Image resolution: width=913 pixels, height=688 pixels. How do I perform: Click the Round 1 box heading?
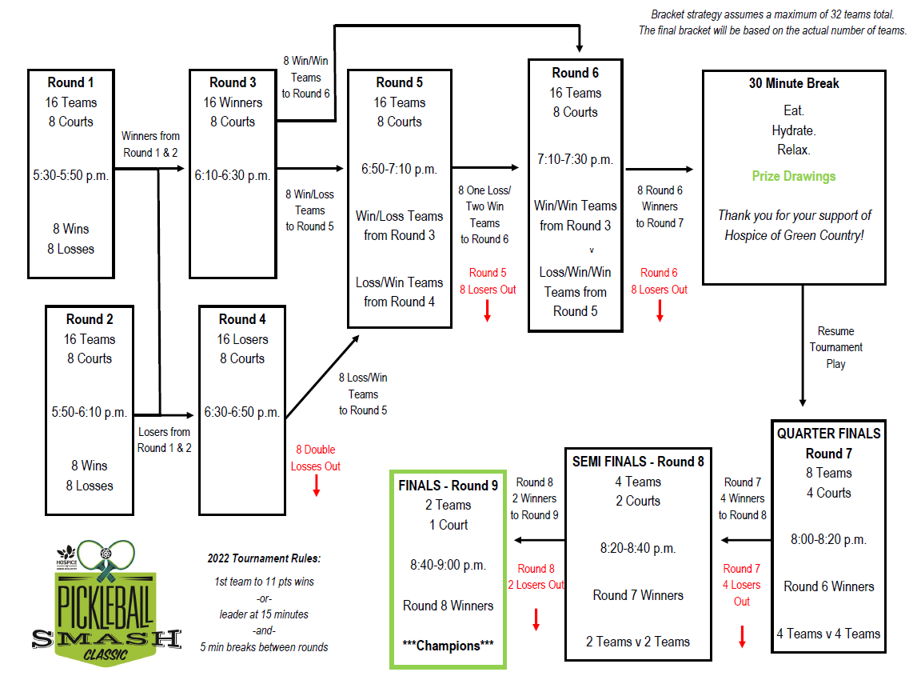(x=70, y=82)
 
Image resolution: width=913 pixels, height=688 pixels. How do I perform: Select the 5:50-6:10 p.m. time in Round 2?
(x=89, y=412)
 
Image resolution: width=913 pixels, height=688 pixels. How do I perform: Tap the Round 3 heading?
(x=233, y=82)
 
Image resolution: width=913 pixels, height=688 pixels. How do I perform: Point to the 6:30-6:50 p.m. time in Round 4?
(x=241, y=412)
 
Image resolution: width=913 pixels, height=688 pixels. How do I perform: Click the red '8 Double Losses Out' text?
(x=315, y=458)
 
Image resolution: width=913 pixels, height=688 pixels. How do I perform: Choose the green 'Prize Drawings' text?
(x=793, y=176)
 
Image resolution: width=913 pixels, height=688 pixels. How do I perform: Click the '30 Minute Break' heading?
(x=793, y=83)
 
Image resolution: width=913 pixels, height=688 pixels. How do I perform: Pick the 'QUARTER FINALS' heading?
(x=828, y=434)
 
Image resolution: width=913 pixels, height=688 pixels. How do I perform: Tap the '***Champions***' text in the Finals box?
(x=448, y=646)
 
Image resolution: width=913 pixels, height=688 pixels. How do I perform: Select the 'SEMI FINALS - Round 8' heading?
(x=638, y=462)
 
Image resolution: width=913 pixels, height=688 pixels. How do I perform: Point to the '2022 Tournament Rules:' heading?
(x=264, y=558)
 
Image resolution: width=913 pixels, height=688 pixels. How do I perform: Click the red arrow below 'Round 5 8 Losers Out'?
(x=487, y=310)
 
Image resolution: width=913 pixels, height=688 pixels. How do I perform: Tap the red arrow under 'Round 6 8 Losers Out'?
(x=660, y=310)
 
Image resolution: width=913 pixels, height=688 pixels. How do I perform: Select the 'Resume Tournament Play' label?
(x=835, y=347)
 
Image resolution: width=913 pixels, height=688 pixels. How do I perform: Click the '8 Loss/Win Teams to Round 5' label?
(x=363, y=394)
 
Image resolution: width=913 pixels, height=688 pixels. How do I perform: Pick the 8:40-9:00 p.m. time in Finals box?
(x=448, y=565)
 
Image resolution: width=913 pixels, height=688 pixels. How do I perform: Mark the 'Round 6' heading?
(x=575, y=73)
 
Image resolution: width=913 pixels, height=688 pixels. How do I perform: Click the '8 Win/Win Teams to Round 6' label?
(x=305, y=77)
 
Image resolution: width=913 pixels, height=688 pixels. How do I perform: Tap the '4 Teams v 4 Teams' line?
(x=828, y=634)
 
